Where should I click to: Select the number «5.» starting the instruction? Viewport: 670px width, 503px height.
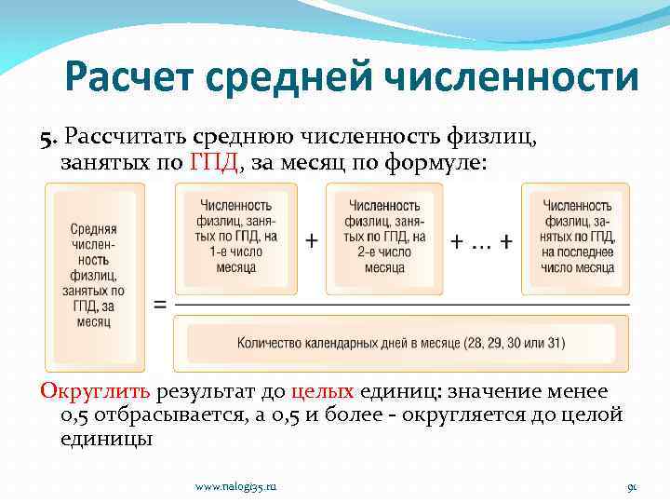coord(49,138)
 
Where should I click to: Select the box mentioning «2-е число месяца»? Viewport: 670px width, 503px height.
coord(384,238)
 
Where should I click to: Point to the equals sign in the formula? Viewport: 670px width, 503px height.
coord(160,305)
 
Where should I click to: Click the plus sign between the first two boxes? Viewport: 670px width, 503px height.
coord(311,240)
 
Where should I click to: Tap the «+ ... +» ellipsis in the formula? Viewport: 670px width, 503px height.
coord(480,240)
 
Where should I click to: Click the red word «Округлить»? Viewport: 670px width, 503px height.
coord(97,392)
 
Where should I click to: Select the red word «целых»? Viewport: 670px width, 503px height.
coord(322,392)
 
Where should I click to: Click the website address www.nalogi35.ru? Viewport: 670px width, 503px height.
coord(236,486)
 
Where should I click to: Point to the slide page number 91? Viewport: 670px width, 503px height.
coord(631,486)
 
